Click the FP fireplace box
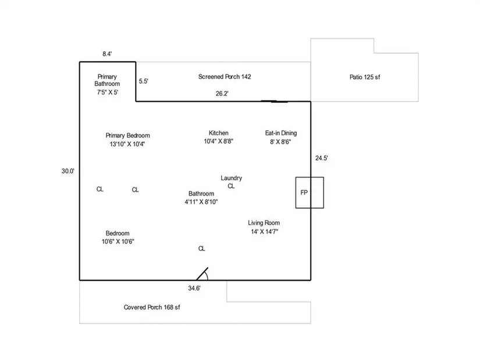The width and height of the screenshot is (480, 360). [x=310, y=193]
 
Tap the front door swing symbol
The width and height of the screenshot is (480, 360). [x=202, y=274]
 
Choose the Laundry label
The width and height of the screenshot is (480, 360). [x=231, y=178]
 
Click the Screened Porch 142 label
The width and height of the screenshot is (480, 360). [x=225, y=77]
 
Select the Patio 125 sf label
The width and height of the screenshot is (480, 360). [x=365, y=77]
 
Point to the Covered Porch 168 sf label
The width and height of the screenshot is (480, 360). [x=152, y=307]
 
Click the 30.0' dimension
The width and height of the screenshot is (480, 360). [x=68, y=171]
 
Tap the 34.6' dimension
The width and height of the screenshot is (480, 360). [x=194, y=288]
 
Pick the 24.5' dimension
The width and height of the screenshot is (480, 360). [x=322, y=158]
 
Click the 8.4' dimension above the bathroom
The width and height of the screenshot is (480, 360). [x=107, y=54]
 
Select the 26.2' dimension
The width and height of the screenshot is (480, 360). [x=222, y=94]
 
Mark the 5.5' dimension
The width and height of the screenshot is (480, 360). [x=144, y=81]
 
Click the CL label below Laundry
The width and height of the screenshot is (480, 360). [x=231, y=186]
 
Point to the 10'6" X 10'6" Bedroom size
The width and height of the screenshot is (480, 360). [x=118, y=241]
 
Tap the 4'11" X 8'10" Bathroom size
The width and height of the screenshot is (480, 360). [x=201, y=202]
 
